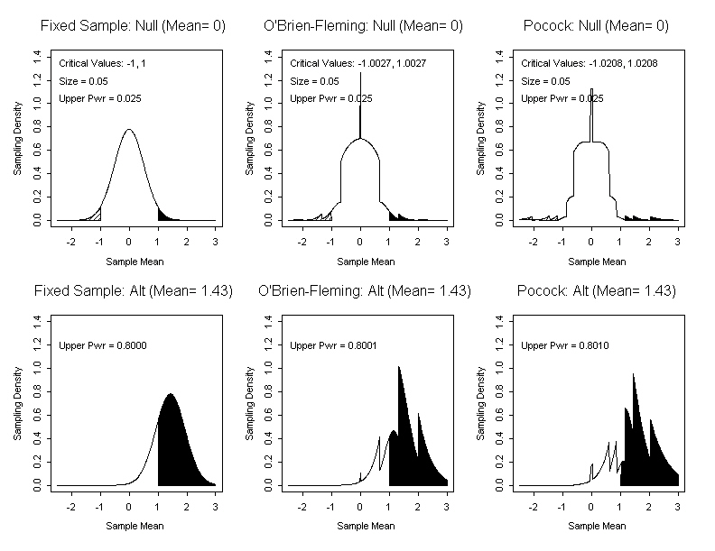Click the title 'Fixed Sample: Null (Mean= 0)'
click(133, 26)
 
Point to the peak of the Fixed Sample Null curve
click(129, 130)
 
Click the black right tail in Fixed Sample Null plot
click(163, 216)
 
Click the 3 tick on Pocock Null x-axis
click(678, 243)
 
